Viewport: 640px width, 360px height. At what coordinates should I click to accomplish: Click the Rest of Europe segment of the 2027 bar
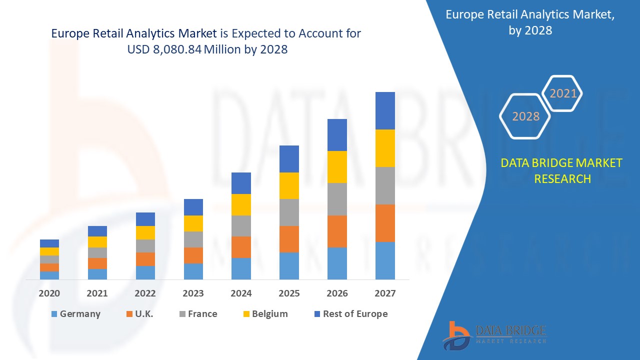[x=385, y=110]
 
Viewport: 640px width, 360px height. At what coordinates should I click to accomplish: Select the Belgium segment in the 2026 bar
[x=337, y=167]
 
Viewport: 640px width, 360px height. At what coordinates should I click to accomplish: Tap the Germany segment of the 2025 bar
[x=289, y=265]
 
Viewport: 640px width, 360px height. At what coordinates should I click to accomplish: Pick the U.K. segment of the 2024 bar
[x=241, y=247]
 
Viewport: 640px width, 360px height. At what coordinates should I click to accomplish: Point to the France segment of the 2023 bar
[x=193, y=239]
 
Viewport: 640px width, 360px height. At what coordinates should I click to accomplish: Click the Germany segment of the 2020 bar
[x=49, y=275]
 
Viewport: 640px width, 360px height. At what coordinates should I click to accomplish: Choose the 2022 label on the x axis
[x=145, y=293]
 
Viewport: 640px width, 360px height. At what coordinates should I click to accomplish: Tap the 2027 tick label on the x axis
[x=385, y=293]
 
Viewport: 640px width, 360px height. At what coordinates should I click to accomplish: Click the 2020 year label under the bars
[x=49, y=293]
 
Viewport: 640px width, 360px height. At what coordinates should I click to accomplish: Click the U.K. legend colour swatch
[x=129, y=314]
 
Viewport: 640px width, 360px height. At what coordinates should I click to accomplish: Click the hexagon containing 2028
[x=525, y=116]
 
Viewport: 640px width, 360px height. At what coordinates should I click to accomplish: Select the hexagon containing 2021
[x=563, y=93]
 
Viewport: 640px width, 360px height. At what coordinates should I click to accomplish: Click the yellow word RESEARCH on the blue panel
[x=562, y=178]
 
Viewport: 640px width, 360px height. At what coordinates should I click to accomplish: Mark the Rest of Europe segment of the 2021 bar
[x=97, y=231]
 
